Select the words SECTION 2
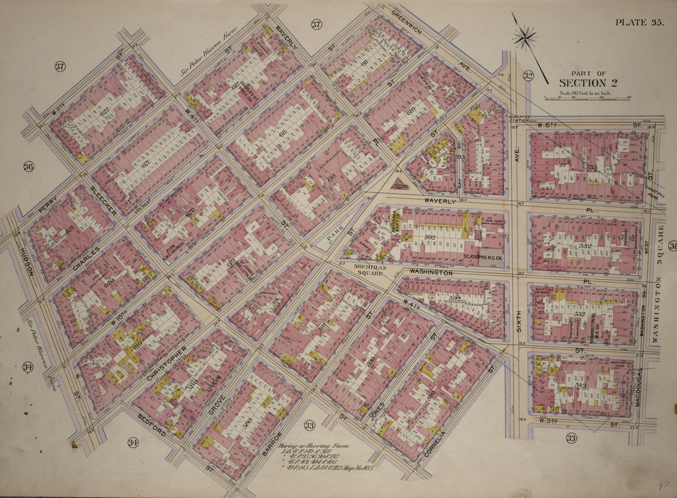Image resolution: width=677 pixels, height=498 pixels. tap(582, 83)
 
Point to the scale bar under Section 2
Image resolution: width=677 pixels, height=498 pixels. tap(586, 98)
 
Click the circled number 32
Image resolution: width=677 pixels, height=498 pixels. tap(528, 75)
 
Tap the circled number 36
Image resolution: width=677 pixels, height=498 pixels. tap(28, 167)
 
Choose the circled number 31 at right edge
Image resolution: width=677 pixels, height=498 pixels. tap(672, 247)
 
